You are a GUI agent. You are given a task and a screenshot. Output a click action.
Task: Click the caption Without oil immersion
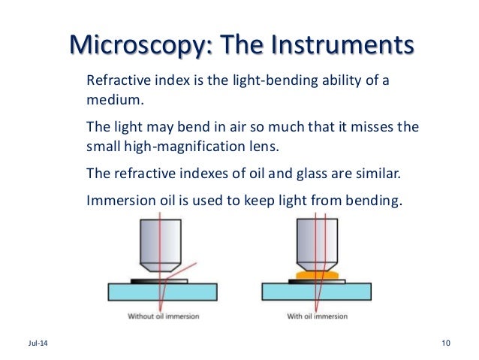(163, 316)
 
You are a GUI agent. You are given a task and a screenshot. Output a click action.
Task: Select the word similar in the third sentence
(379, 174)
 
